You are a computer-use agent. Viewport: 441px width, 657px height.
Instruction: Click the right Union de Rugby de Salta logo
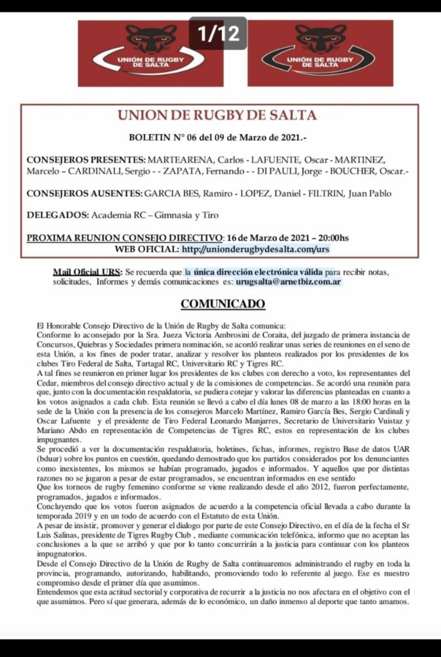(320, 53)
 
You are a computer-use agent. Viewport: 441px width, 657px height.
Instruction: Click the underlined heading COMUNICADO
(213, 304)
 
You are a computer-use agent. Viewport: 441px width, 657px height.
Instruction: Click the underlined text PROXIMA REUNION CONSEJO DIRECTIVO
(125, 237)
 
